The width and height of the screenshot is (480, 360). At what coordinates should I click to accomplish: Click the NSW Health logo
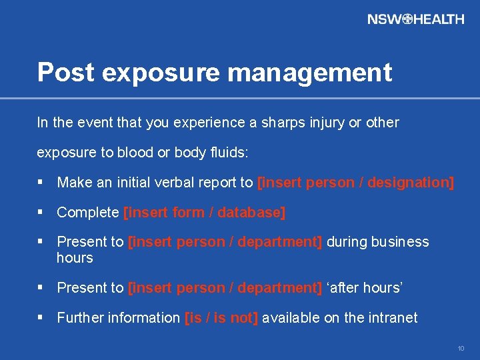pyautogui.click(x=415, y=19)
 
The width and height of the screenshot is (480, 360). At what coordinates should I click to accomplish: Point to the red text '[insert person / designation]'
pyautogui.click(x=355, y=183)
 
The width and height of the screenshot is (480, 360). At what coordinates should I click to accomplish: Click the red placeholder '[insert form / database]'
pyautogui.click(x=205, y=213)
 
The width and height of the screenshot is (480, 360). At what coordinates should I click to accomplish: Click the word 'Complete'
pyautogui.click(x=88, y=213)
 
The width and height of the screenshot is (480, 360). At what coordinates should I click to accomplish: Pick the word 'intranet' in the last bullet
pyautogui.click(x=392, y=318)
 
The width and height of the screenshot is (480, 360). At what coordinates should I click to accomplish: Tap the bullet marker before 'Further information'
pyautogui.click(x=41, y=318)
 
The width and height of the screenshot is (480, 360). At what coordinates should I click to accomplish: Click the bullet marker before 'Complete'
pyautogui.click(x=41, y=213)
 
